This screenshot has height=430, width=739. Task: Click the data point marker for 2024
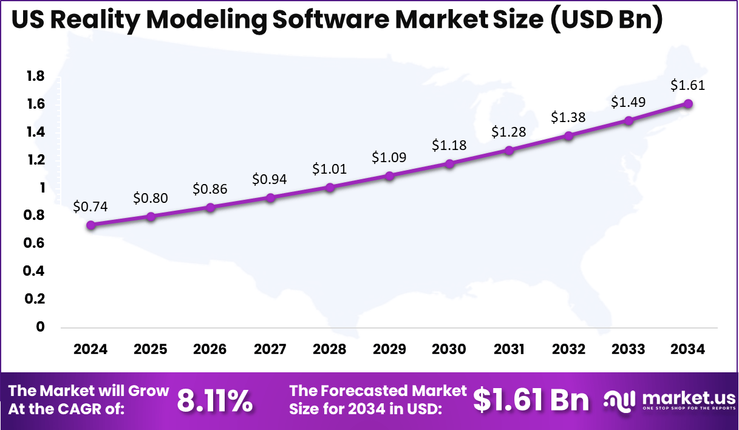point(91,225)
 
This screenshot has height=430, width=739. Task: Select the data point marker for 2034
point(688,103)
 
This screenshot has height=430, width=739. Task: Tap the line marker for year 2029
point(390,176)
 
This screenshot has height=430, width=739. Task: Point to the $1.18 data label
point(449,146)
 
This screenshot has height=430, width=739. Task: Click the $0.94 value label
point(270,179)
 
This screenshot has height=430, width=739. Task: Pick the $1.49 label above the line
point(628,102)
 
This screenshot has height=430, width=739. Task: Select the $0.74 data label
point(90,206)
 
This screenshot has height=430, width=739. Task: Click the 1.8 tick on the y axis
point(35,77)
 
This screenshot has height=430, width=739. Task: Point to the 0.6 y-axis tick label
point(35,244)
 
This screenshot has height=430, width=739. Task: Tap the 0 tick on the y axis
point(40,327)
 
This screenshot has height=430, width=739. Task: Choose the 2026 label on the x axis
point(210,350)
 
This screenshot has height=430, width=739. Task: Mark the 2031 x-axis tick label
point(509,350)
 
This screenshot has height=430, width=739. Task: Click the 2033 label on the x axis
point(628,350)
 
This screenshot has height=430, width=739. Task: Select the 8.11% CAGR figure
point(215,401)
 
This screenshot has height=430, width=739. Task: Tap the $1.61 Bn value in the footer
point(531,400)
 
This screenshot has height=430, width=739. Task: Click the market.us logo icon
point(619,400)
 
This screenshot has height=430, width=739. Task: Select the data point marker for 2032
point(569,135)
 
